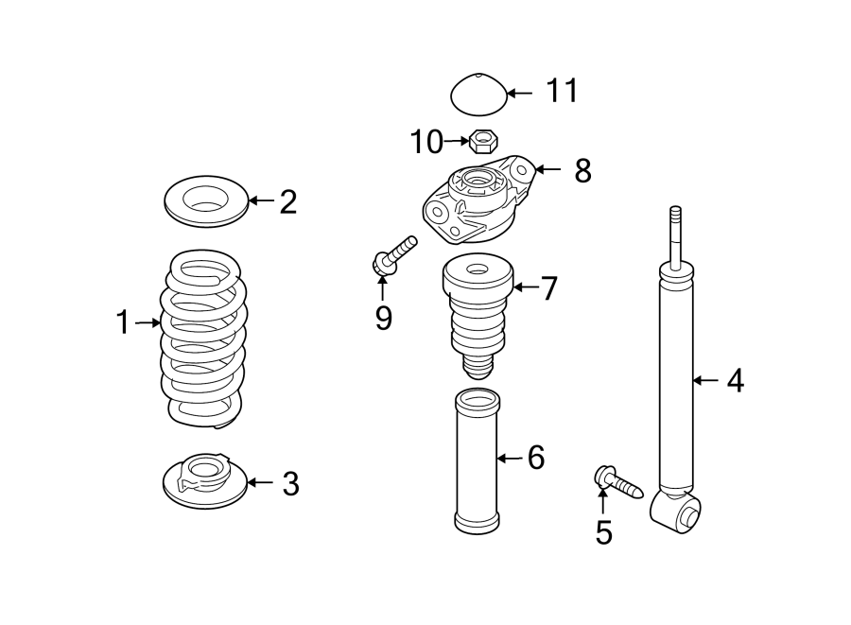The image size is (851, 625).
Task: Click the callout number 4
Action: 735,381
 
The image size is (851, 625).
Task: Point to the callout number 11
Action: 561,92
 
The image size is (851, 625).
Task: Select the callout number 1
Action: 122,323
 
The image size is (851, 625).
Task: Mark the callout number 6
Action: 536,459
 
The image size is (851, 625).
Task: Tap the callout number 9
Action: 383,318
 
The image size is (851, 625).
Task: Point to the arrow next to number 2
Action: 261,200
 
